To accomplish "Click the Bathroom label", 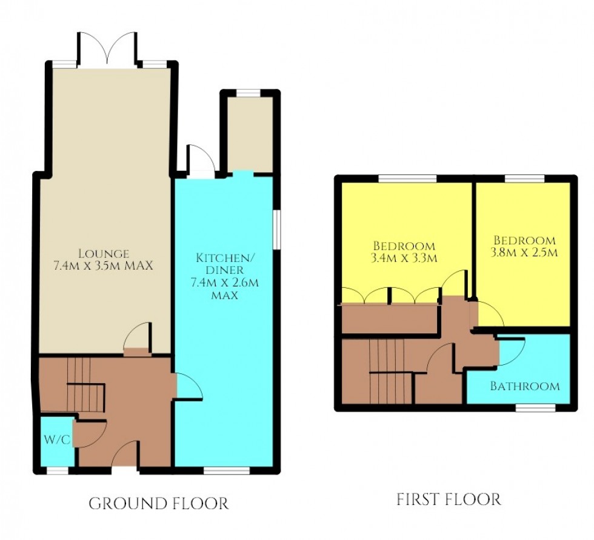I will click(525, 385).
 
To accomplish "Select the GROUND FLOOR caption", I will click(159, 503).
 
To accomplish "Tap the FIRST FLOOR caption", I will click(449, 499).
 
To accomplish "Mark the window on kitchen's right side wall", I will click(276, 228).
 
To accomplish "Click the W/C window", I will click(58, 470).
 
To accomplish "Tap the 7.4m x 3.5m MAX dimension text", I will click(102, 265).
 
